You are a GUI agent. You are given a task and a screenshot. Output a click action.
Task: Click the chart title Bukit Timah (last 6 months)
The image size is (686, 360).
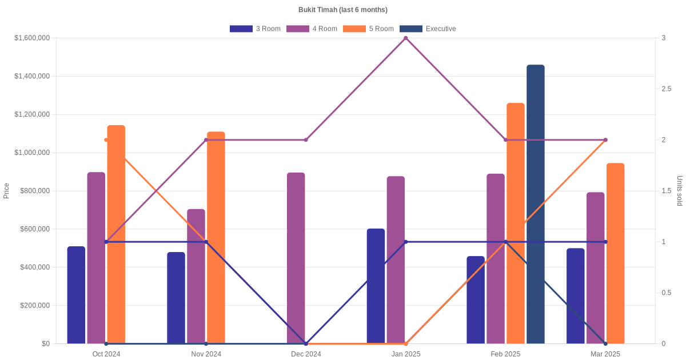(343, 10)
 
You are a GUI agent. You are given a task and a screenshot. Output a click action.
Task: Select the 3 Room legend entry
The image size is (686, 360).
(255, 29)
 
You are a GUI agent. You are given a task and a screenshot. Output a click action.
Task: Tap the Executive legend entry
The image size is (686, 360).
(428, 29)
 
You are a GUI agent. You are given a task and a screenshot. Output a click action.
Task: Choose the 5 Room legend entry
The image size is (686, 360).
(368, 29)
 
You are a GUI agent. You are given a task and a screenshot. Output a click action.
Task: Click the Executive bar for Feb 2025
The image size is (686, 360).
(536, 204)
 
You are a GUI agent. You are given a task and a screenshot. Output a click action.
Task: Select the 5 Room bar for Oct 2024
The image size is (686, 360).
(116, 234)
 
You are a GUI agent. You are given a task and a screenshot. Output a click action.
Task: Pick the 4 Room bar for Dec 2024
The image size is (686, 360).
(296, 258)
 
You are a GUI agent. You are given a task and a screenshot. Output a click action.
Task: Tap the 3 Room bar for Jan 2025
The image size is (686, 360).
(376, 286)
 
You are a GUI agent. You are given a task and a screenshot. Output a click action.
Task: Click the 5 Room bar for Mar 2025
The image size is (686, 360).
(616, 253)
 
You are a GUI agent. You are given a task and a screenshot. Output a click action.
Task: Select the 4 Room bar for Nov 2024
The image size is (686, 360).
(196, 276)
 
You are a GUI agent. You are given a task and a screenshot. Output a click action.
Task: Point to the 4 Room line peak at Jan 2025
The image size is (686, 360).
(406, 38)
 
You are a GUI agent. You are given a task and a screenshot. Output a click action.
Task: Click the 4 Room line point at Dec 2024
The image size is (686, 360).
(306, 140)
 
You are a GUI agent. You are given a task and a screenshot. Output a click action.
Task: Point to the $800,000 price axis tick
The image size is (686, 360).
(35, 191)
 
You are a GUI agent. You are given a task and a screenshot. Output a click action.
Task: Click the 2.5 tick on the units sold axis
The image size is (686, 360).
(667, 89)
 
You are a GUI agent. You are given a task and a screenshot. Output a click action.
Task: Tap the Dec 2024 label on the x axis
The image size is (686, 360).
(306, 354)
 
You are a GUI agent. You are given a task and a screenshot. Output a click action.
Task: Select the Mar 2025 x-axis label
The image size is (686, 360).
(605, 354)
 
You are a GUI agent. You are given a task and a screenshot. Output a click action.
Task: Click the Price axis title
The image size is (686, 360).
(6, 191)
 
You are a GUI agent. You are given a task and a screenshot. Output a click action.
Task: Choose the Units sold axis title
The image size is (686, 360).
(680, 191)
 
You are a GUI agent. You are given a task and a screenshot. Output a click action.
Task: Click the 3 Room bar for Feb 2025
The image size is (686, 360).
(476, 299)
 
